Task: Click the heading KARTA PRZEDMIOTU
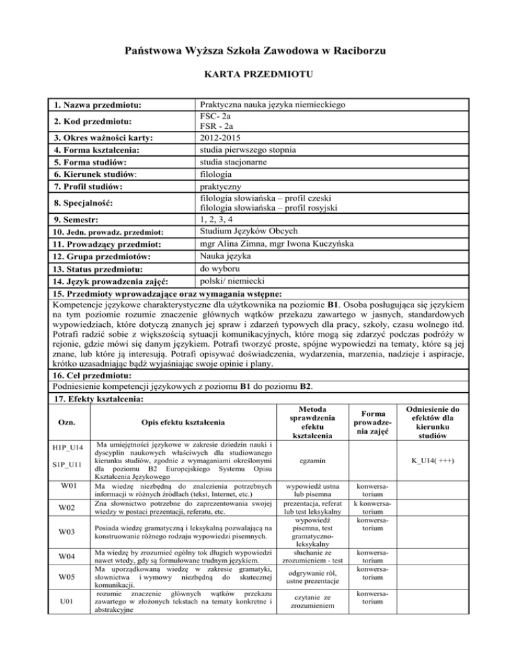click(x=252, y=74)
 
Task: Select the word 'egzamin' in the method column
click(x=308, y=462)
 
